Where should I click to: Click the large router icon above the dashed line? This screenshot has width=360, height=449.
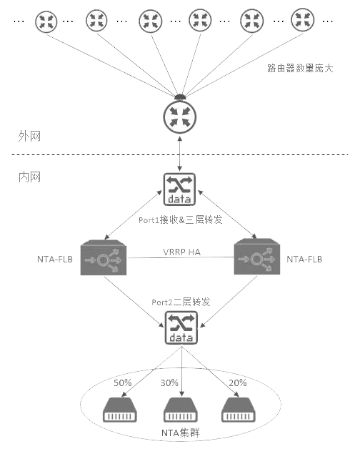click(180, 117)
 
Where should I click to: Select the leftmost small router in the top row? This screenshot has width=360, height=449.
click(46, 21)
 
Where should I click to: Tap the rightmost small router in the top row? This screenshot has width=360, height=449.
click(302, 20)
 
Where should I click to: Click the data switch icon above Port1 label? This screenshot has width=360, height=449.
click(179, 189)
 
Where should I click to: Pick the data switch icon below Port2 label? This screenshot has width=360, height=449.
click(181, 328)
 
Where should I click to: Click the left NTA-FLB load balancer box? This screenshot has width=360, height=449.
click(104, 257)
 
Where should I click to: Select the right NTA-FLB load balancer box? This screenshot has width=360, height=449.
click(257, 257)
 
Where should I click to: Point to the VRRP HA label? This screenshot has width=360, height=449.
click(181, 252)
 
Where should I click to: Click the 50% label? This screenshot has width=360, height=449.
click(122, 383)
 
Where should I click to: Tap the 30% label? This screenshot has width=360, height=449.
click(169, 383)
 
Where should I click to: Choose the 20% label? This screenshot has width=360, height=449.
click(238, 383)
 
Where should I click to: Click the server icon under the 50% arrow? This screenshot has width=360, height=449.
click(119, 410)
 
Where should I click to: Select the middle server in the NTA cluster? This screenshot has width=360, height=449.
click(180, 410)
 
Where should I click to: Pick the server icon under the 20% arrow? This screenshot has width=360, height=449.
click(239, 410)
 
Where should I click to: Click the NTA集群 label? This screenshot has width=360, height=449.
click(181, 433)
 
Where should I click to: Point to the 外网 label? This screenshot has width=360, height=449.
click(29, 136)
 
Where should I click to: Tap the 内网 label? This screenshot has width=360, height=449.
click(29, 177)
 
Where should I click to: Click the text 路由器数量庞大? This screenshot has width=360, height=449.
click(300, 68)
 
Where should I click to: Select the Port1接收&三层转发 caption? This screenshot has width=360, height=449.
click(180, 219)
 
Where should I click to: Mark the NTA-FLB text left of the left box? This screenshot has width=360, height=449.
click(55, 259)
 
